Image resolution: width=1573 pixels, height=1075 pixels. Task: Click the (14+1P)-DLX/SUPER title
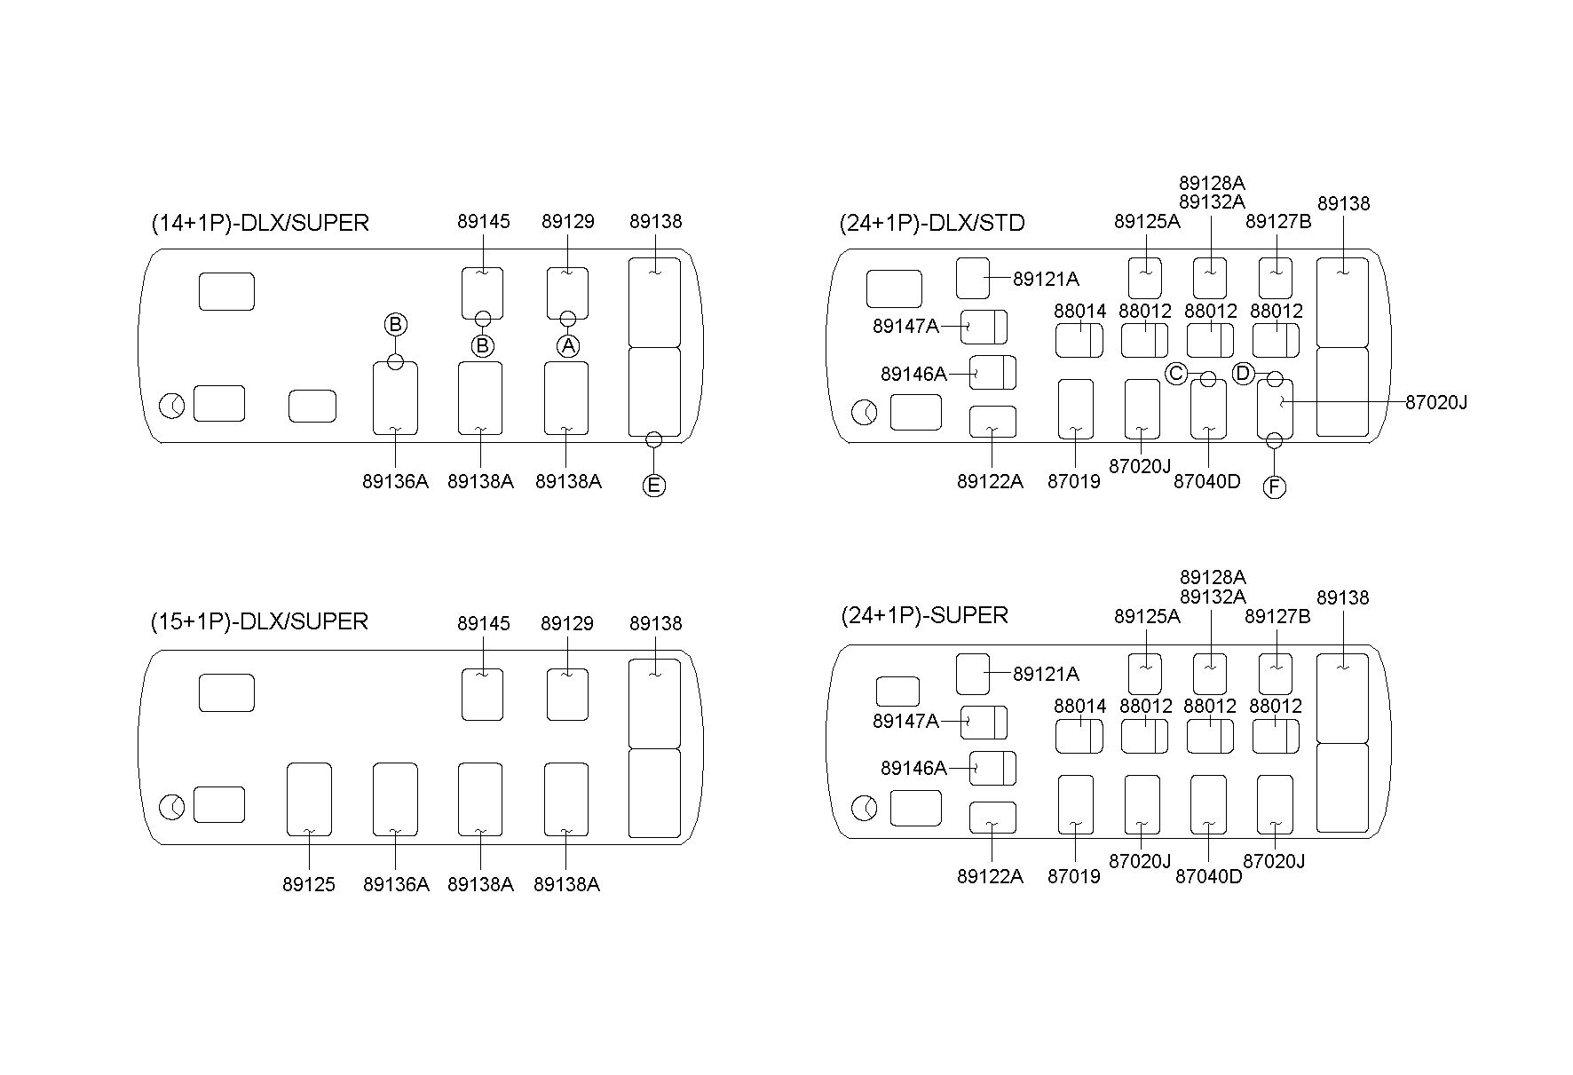(260, 223)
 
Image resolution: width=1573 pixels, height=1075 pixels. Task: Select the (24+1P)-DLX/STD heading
(932, 223)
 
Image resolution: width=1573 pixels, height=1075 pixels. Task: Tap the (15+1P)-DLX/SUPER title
(259, 621)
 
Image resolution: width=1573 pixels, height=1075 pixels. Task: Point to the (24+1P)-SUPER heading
(924, 615)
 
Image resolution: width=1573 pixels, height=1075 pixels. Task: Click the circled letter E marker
(653, 486)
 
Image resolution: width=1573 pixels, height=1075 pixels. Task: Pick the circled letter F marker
(1274, 486)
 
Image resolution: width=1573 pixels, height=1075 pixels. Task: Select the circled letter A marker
(568, 345)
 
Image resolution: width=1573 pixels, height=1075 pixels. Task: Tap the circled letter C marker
(1176, 374)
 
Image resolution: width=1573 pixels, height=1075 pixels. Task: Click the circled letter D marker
(1243, 374)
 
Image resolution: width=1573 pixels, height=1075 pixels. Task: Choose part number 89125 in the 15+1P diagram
(309, 884)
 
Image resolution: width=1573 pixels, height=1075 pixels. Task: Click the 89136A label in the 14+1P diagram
(395, 481)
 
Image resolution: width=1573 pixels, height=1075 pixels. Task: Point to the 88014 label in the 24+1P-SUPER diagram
(1080, 706)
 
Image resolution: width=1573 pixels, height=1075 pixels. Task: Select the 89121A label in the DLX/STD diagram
(1046, 279)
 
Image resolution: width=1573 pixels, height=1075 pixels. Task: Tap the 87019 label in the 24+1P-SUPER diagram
(1074, 876)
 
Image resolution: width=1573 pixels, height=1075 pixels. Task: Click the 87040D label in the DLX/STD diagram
(1207, 481)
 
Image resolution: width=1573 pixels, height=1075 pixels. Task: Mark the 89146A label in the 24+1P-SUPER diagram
(913, 768)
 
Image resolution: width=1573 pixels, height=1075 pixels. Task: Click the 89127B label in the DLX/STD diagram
(1278, 222)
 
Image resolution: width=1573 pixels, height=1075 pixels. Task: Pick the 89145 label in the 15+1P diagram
(484, 623)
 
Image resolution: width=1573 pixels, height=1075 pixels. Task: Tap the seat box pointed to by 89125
(309, 799)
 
